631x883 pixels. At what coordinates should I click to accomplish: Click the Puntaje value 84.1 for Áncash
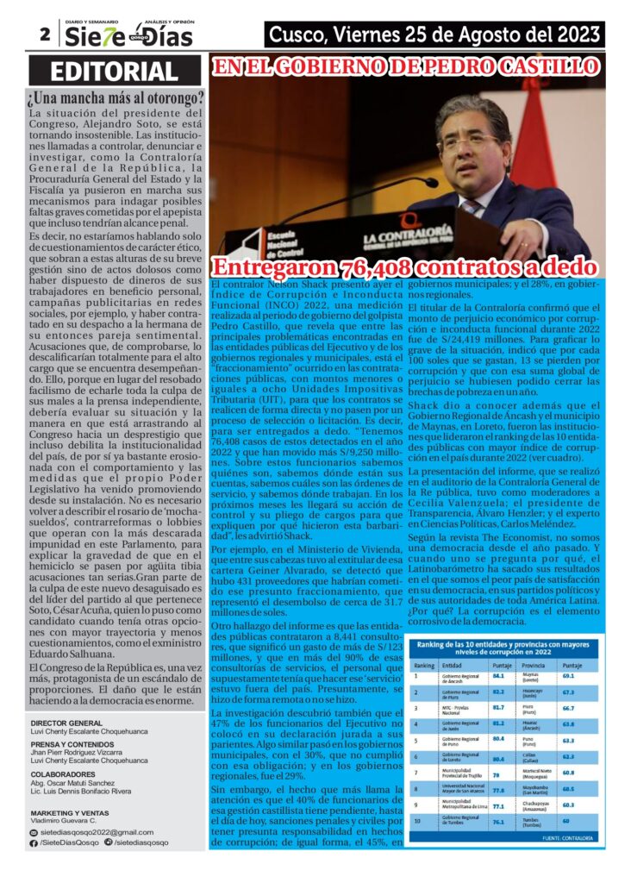pos(498,678)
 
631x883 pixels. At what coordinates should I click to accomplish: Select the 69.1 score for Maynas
pos(568,678)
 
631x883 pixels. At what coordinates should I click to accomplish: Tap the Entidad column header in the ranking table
pos(452,665)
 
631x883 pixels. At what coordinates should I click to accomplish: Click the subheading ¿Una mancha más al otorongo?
pos(116,98)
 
